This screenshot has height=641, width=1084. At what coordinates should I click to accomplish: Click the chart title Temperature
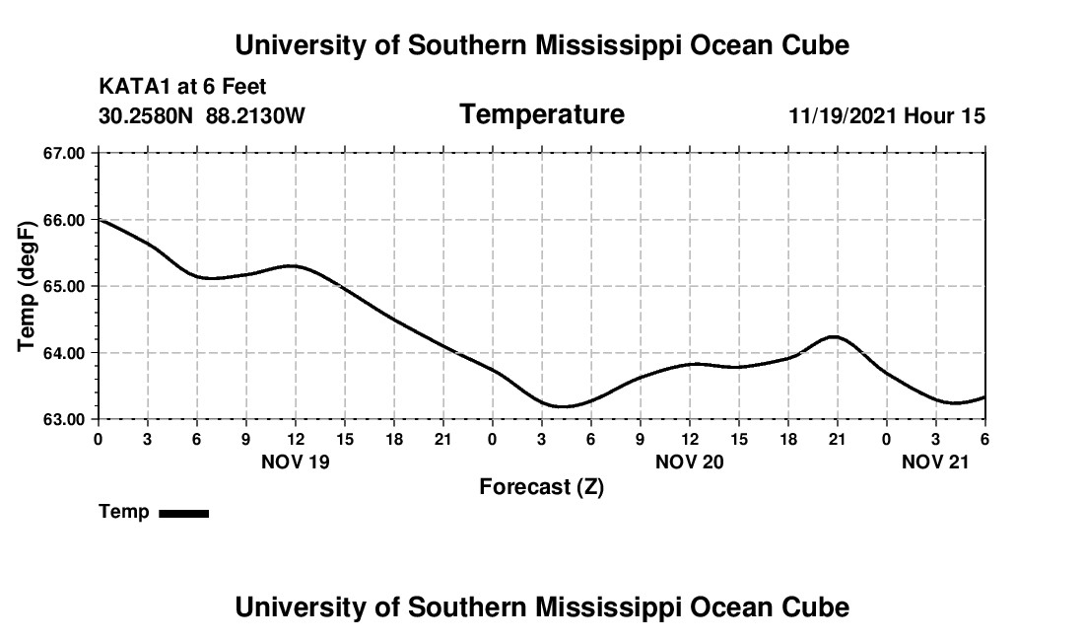(542, 115)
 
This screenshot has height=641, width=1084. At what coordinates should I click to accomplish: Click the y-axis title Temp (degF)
(28, 286)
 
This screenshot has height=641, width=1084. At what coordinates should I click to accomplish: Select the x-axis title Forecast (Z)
(541, 487)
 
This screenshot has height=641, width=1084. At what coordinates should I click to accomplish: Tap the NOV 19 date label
(296, 462)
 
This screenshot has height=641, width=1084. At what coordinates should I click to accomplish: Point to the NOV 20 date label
(690, 462)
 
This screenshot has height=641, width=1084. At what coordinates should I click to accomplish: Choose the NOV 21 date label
(936, 462)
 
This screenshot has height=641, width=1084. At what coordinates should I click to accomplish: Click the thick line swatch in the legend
(183, 513)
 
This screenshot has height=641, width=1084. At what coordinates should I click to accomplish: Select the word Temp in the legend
(124, 512)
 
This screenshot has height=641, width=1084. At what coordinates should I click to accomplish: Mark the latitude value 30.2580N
(147, 116)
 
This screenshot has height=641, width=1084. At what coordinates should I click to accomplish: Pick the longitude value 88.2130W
(255, 116)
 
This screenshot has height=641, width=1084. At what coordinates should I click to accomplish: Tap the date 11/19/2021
(843, 116)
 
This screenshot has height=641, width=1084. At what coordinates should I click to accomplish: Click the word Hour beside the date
(929, 116)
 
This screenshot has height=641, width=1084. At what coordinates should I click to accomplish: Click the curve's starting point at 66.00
(100, 220)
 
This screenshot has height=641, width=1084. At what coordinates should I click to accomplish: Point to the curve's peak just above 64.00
(835, 337)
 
